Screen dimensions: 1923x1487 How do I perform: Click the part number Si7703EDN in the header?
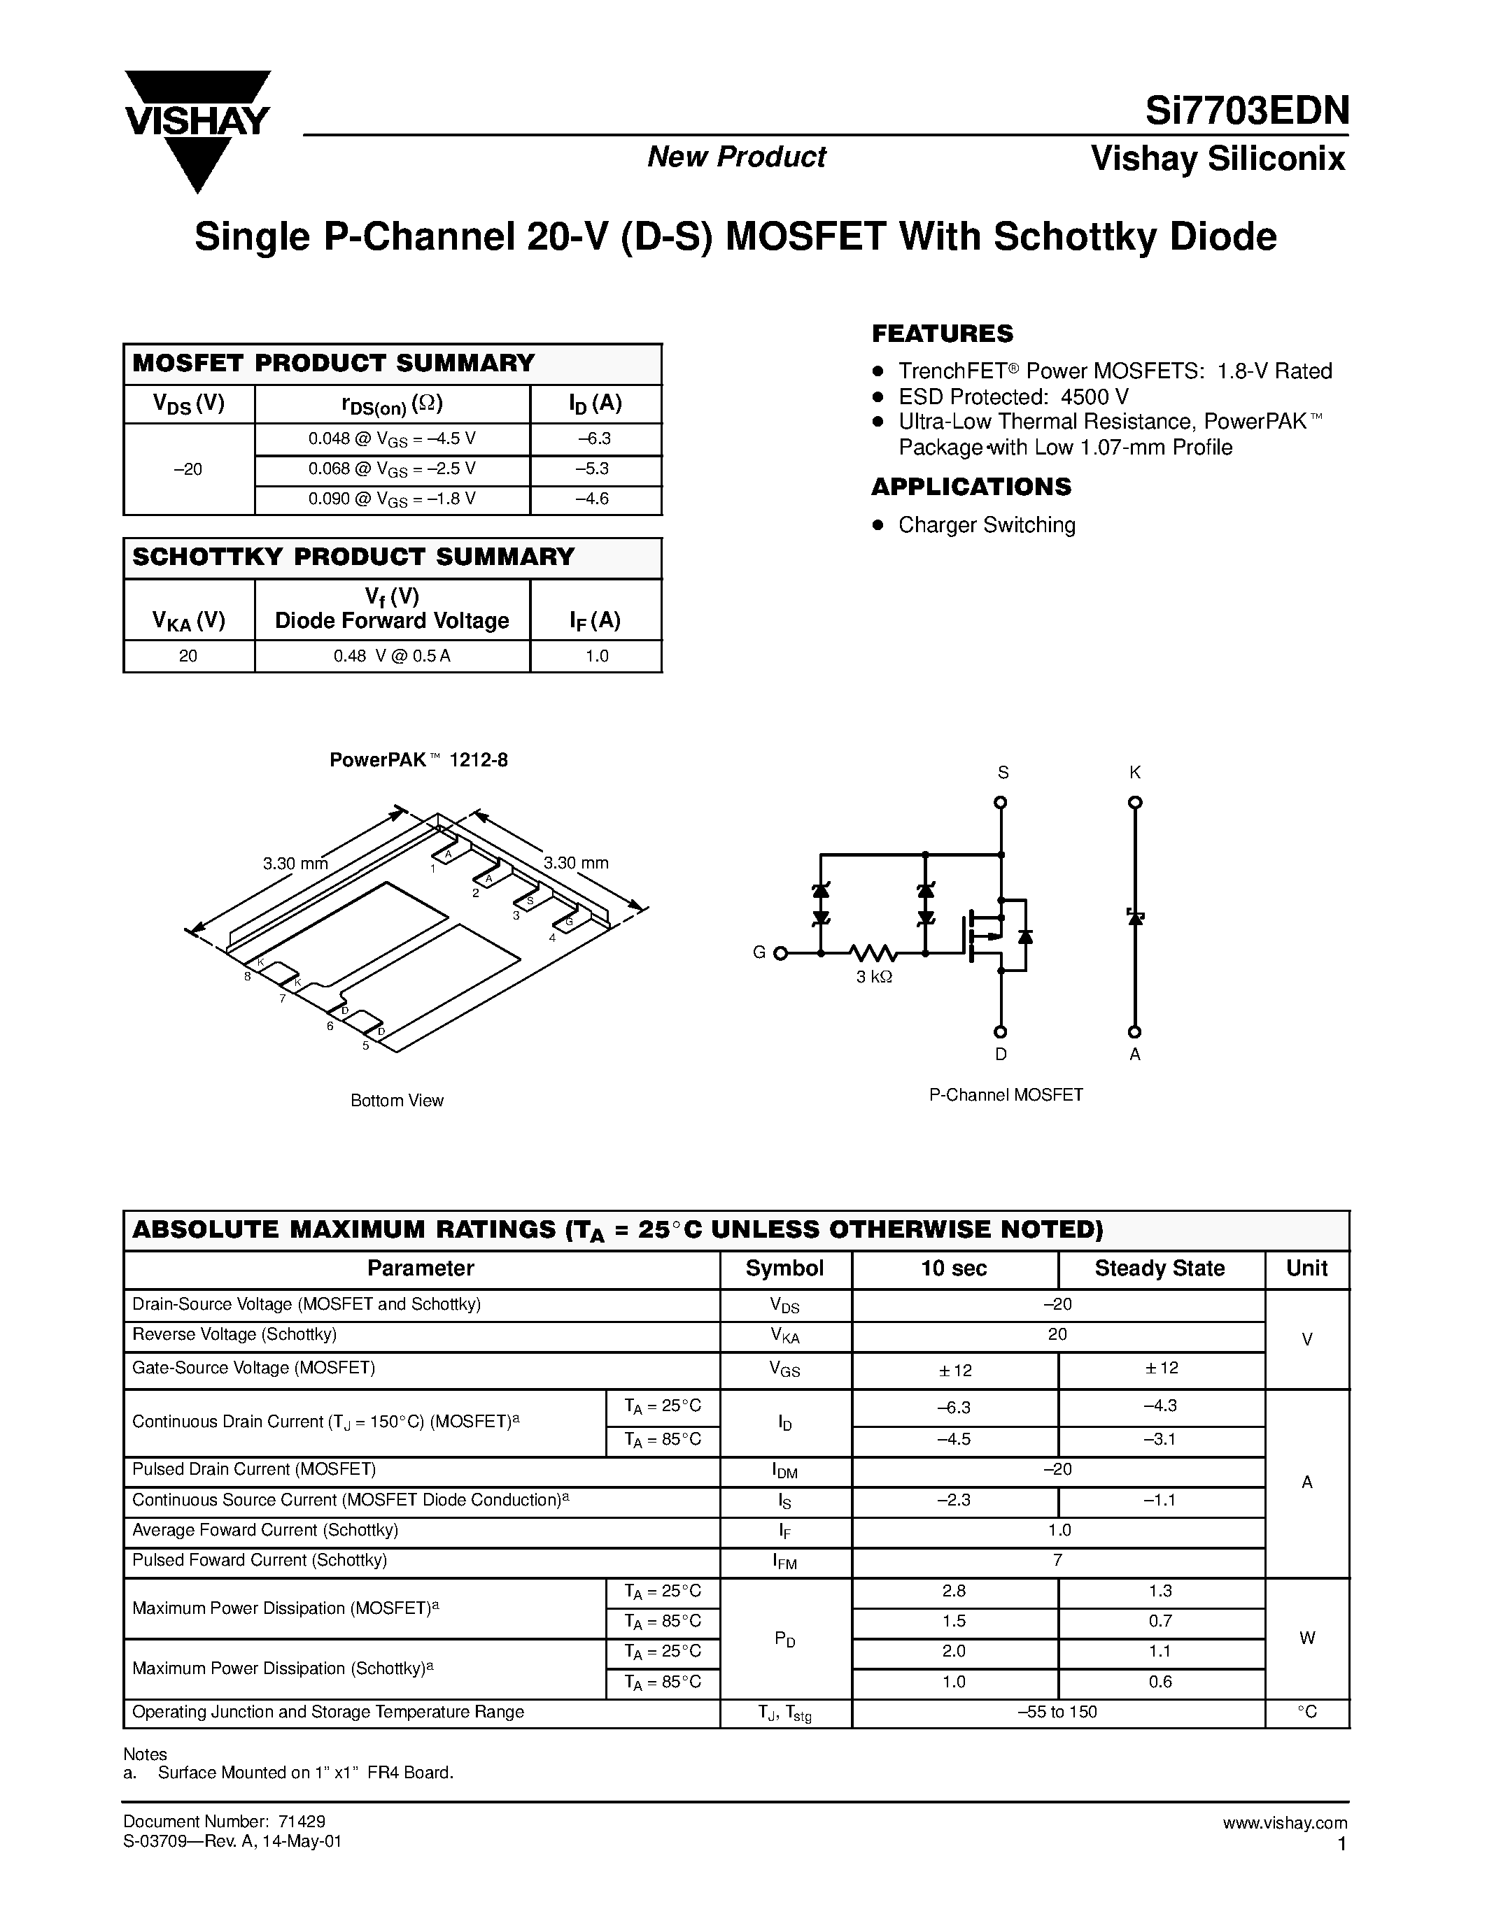coord(1246,111)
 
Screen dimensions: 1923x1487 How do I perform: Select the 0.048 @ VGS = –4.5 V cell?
coord(392,438)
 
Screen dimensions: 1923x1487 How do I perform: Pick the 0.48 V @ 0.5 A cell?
coord(392,656)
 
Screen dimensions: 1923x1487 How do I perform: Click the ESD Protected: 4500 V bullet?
coord(1013,396)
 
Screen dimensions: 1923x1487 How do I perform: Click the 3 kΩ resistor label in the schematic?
coord(874,976)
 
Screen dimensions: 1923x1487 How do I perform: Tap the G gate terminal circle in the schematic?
coord(780,952)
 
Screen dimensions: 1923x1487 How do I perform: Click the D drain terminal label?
coord(1001,1054)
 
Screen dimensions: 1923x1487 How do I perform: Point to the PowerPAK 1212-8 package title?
coord(418,760)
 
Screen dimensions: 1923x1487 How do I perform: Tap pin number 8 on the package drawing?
coord(248,976)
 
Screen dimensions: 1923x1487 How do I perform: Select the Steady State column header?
coord(1160,1268)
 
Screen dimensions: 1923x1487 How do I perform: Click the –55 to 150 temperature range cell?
coord(1057,1712)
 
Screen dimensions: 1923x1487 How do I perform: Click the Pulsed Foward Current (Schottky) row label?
coord(259,1560)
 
